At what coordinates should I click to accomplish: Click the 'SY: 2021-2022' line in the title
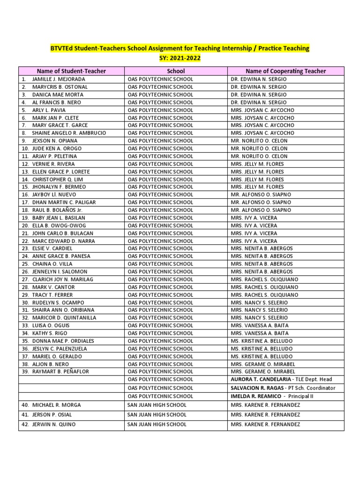180,58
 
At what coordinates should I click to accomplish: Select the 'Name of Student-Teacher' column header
71,71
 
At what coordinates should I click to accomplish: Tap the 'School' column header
176,71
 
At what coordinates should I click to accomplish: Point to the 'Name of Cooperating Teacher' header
285,71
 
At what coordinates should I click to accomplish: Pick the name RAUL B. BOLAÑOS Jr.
57,210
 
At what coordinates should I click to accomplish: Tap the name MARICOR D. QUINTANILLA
64,318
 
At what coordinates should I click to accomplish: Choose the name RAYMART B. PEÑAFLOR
60,372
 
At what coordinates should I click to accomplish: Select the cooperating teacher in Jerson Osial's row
265,415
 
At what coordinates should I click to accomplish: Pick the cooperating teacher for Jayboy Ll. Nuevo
261,195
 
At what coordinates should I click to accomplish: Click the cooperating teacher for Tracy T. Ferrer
264,295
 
